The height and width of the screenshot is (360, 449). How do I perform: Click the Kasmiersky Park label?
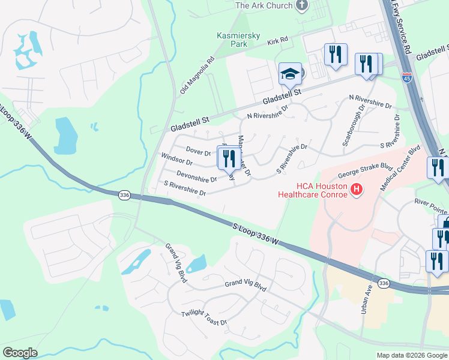pyautogui.click(x=238, y=40)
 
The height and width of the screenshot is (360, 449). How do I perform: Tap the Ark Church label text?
pyautogui.click(x=264, y=5)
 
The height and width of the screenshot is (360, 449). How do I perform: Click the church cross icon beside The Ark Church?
pyautogui.click(x=302, y=5)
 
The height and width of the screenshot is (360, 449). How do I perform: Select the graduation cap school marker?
pyautogui.click(x=290, y=74)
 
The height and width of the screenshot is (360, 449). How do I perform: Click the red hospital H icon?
pyautogui.click(x=357, y=190)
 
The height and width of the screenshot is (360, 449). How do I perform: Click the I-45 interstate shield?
pyautogui.click(x=406, y=77)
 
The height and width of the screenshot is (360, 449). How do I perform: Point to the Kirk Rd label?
pyautogui.click(x=278, y=40)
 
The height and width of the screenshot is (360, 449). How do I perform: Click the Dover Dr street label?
pyautogui.click(x=198, y=151)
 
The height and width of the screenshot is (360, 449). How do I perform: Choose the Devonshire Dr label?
pyautogui.click(x=196, y=176)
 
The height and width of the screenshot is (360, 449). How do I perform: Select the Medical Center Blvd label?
pyautogui.click(x=399, y=169)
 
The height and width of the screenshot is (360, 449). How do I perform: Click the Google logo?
pyautogui.click(x=20, y=353)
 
